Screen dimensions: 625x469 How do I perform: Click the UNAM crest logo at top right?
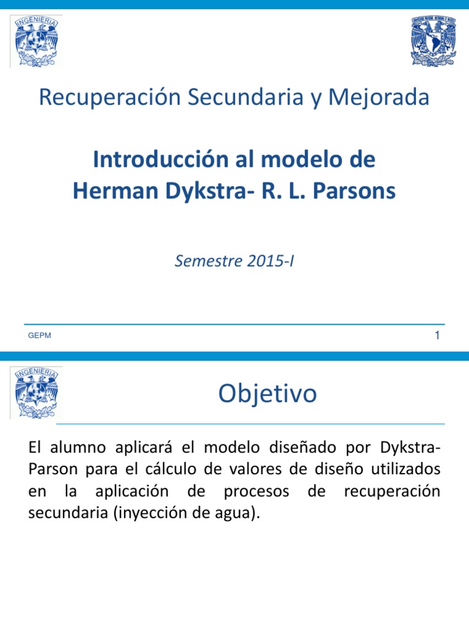tap(434, 41)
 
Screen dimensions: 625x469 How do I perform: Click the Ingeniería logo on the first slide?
tap(36, 41)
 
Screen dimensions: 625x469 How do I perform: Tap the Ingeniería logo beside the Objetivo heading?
tap(36, 392)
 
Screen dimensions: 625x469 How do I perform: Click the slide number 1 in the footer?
tap(437, 335)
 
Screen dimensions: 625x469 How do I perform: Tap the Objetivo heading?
tap(267, 394)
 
